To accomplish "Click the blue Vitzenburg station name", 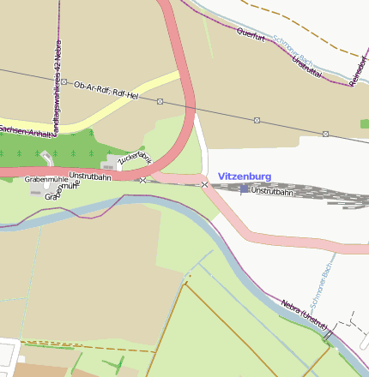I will [x=245, y=177].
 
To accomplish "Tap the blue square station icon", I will [x=245, y=188].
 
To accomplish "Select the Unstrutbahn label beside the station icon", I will [x=271, y=191].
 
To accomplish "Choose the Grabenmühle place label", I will [x=46, y=179].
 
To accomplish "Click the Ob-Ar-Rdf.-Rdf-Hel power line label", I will [x=106, y=90].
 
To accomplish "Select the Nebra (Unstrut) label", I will [x=305, y=313].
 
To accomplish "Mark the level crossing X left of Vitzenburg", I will [x=204, y=184].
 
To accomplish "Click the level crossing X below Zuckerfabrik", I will [x=142, y=180].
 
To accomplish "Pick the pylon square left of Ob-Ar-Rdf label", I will [x=64, y=82].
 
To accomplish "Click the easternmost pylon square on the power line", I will [x=326, y=134].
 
